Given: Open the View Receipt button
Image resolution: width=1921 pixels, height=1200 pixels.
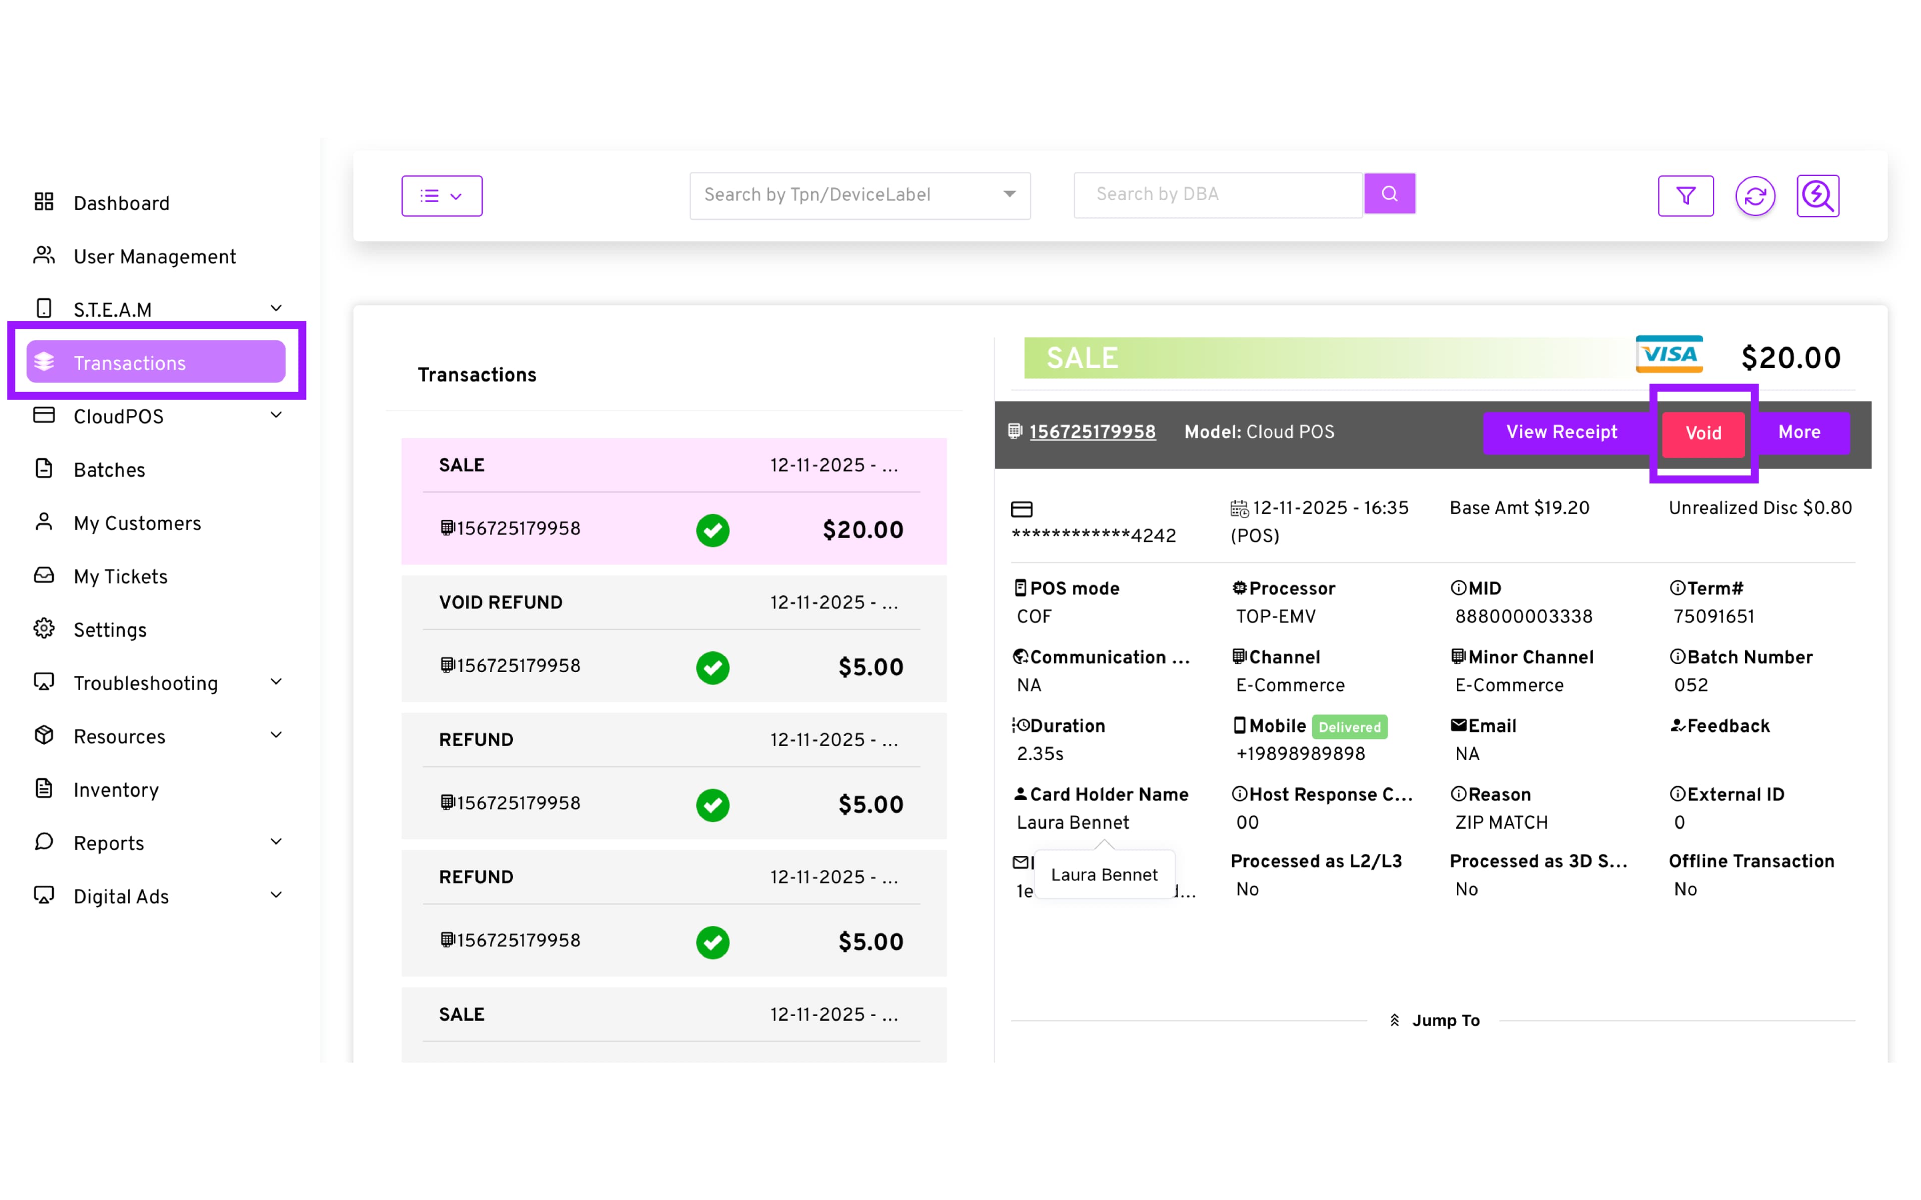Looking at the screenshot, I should pyautogui.click(x=1561, y=432).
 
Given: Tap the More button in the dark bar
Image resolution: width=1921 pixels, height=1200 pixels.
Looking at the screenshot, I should pyautogui.click(x=1799, y=432).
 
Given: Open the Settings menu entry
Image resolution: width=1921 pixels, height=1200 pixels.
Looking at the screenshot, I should pyautogui.click(x=110, y=630).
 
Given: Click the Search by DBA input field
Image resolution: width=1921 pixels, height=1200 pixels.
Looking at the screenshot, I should pyautogui.click(x=1217, y=194).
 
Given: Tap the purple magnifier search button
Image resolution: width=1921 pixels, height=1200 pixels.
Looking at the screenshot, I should pyautogui.click(x=1389, y=194).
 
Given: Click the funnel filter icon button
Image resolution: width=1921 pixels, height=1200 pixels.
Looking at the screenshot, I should pyautogui.click(x=1685, y=196).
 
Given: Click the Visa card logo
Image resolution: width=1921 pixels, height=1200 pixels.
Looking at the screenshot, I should pyautogui.click(x=1668, y=355).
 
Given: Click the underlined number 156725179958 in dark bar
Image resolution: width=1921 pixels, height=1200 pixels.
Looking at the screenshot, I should pyautogui.click(x=1092, y=432).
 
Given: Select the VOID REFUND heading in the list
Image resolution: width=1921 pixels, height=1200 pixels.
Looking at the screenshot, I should pyautogui.click(x=500, y=603).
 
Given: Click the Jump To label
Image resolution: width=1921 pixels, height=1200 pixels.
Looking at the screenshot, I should pyautogui.click(x=1445, y=1020).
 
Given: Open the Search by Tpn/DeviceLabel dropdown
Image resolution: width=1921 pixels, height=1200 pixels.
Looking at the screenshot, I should pyautogui.click(x=859, y=195).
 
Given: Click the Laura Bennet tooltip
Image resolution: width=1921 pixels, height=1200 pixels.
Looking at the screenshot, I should pyautogui.click(x=1104, y=874).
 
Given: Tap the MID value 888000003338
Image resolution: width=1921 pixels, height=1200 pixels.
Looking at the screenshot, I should pyautogui.click(x=1523, y=616).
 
